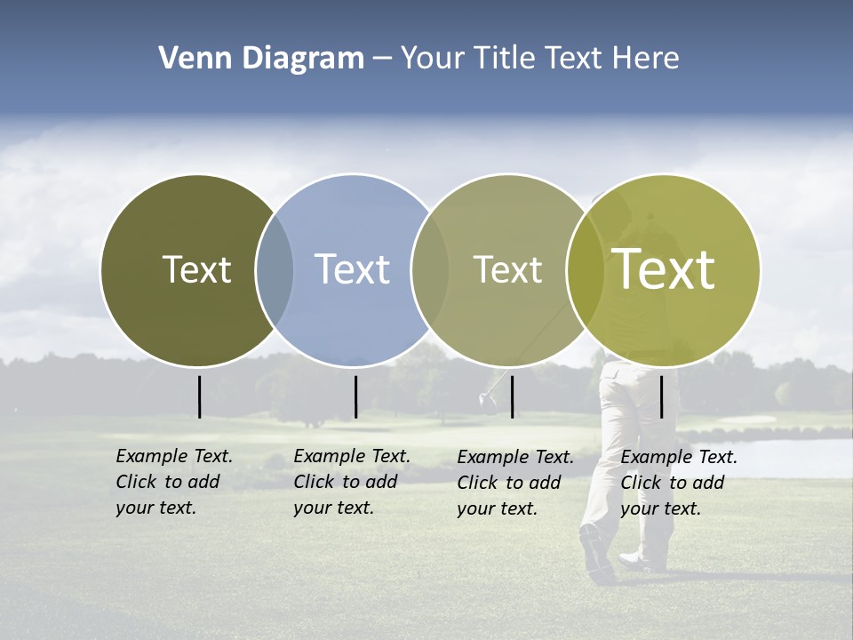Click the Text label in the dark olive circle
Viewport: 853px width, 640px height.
tap(196, 269)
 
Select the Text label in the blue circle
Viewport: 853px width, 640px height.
tap(352, 269)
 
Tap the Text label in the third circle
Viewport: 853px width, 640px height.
tap(507, 269)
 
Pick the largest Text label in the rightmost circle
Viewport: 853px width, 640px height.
tap(664, 269)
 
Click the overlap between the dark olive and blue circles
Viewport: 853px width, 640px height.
tap(275, 269)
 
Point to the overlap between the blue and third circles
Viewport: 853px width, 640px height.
tap(430, 269)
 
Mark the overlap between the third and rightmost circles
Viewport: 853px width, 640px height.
tap(586, 269)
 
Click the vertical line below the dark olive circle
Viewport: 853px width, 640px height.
tap(199, 396)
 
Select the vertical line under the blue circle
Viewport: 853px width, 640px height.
tap(355, 396)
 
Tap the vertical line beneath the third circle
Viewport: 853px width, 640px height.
tap(512, 396)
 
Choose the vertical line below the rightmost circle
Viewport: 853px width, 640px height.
tap(661, 396)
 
